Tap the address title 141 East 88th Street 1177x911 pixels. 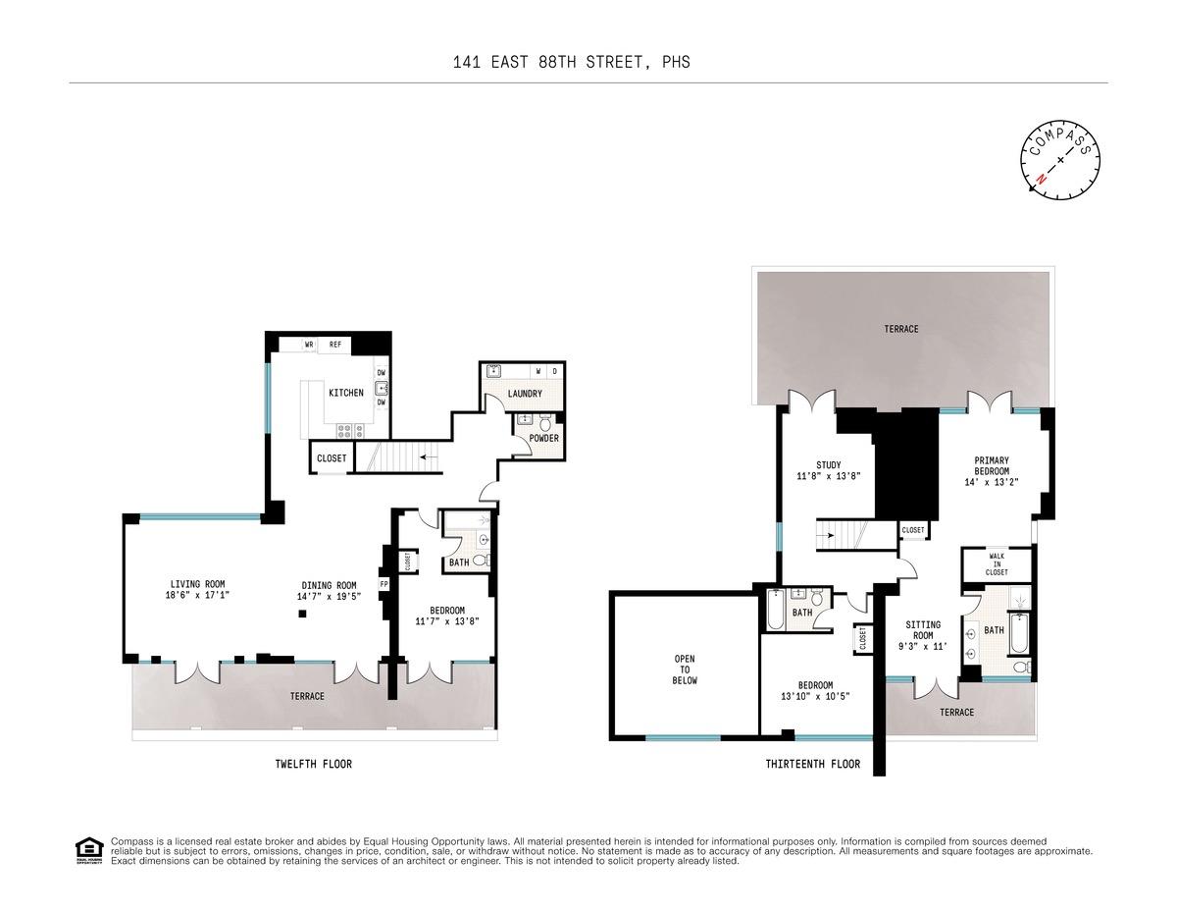[x=571, y=62]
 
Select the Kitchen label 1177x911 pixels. [x=345, y=393]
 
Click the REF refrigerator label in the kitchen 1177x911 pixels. [x=334, y=345]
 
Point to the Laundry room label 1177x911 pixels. [x=525, y=394]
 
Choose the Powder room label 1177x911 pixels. [x=543, y=438]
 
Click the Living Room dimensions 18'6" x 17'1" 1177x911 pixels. [x=197, y=595]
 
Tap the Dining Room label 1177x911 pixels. [x=329, y=585]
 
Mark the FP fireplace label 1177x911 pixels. [x=384, y=584]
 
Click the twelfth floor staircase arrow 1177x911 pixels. [x=428, y=456]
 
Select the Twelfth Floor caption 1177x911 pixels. [x=313, y=764]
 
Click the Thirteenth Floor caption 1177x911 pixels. [x=812, y=764]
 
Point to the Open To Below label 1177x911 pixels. [x=685, y=670]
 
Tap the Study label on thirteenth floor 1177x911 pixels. [x=829, y=465]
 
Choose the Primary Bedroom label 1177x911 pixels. [x=992, y=464]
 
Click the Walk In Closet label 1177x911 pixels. [x=997, y=564]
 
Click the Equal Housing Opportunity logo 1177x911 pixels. [x=88, y=850]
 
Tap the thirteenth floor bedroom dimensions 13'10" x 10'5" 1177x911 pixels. [x=815, y=696]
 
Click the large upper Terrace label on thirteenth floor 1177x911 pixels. [x=900, y=329]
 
